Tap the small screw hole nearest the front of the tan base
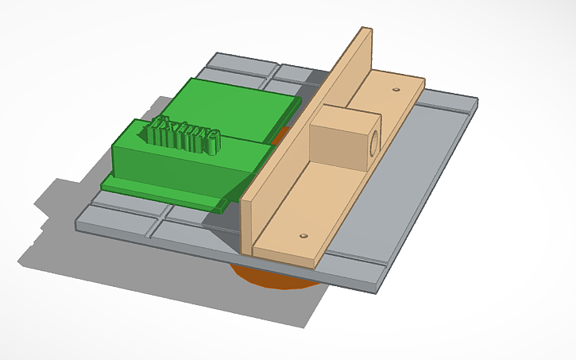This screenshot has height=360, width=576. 303,236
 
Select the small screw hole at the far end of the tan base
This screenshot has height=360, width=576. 395,90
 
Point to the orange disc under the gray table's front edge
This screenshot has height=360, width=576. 270,279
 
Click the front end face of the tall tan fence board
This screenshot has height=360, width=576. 245,226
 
